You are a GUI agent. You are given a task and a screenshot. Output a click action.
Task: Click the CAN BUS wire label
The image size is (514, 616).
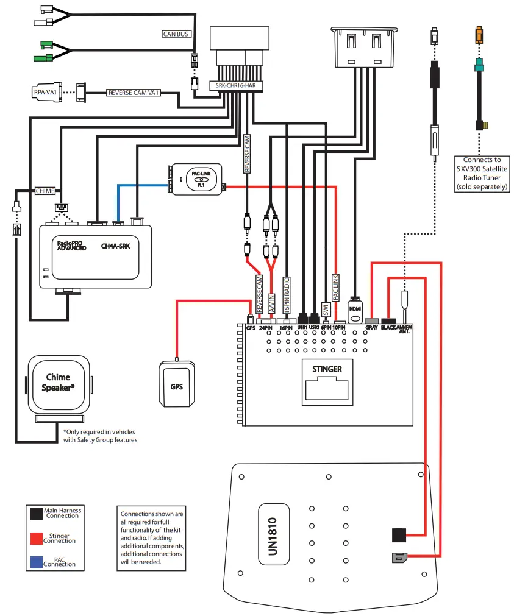coord(176,34)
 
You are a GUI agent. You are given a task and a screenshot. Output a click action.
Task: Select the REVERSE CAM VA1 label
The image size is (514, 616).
coord(134,93)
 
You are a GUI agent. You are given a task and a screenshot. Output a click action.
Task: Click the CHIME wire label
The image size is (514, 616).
coord(45,191)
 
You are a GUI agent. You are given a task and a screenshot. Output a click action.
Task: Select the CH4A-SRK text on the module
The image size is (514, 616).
coord(120,246)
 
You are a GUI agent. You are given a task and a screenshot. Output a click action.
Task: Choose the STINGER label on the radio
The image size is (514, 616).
coord(327,369)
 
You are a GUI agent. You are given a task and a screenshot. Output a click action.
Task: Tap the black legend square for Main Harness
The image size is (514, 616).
coord(36,514)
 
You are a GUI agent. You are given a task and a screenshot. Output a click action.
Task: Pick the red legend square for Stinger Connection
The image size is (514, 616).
coord(36,538)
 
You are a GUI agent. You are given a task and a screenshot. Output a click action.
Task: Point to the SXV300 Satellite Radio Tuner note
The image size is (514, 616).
coord(482,174)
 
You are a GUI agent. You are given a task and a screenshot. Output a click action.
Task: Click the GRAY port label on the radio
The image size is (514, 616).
coord(371,327)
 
